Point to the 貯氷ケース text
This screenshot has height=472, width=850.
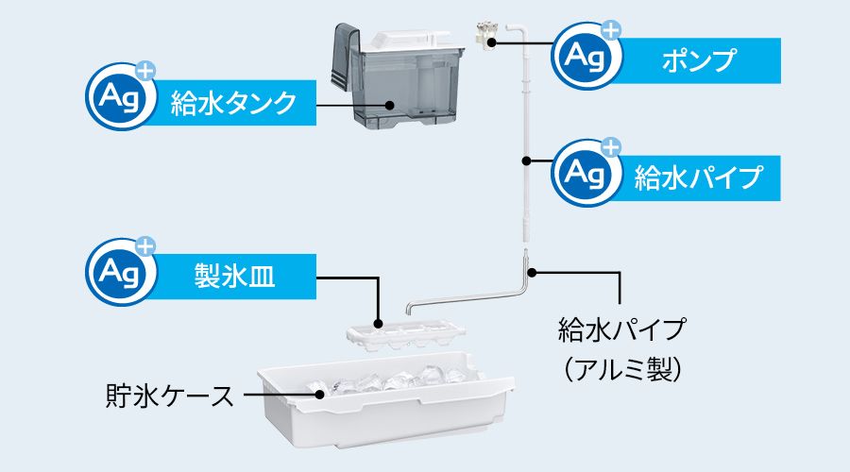168,396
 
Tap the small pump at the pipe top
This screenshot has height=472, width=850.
489,35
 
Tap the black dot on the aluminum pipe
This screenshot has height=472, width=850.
533,273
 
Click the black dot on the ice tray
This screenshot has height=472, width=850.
378,324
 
